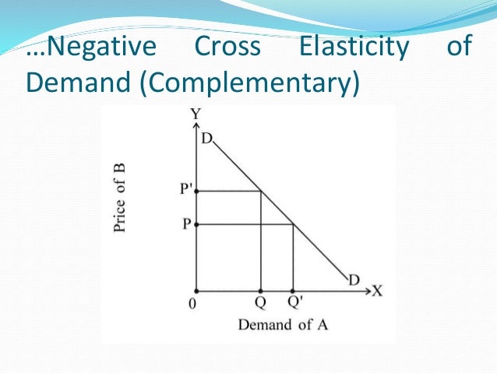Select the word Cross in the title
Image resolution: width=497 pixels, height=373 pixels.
tap(229, 48)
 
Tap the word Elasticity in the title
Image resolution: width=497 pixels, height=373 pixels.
tap(354, 48)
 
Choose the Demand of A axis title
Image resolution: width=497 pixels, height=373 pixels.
tap(283, 324)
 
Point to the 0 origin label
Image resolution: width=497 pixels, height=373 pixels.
tap(192, 304)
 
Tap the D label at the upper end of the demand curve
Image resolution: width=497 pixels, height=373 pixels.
tap(206, 139)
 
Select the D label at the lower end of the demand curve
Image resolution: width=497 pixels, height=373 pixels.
tap(354, 280)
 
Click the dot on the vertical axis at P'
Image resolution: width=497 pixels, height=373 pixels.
tap(196, 191)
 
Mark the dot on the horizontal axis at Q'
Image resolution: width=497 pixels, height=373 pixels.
tap(292, 289)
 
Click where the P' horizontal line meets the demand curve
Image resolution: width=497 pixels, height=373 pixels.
tap(260, 191)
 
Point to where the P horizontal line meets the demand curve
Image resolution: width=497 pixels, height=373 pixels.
tap(292, 224)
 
